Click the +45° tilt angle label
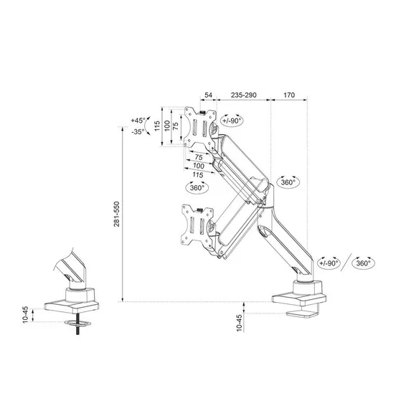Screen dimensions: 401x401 pos(138,121)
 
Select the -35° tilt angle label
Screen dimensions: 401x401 pos(138,131)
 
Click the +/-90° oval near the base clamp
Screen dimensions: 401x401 pos(329,263)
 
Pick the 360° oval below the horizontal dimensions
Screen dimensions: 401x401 pos(197,187)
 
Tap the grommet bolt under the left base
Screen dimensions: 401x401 pos(75,325)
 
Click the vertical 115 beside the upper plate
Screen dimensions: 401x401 pos(157,127)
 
